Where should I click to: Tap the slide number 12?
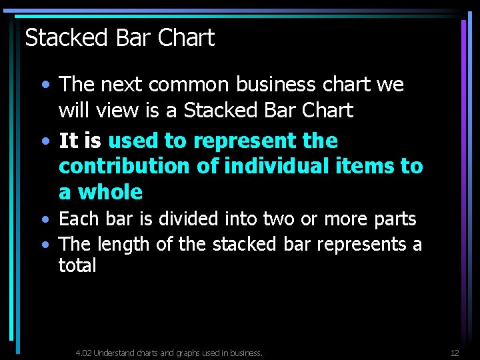[455, 353]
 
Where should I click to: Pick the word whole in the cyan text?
[111, 192]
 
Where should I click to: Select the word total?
[77, 265]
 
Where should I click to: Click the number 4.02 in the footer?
[83, 353]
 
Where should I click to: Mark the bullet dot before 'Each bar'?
[44, 219]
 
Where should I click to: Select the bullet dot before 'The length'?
[44, 245]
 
